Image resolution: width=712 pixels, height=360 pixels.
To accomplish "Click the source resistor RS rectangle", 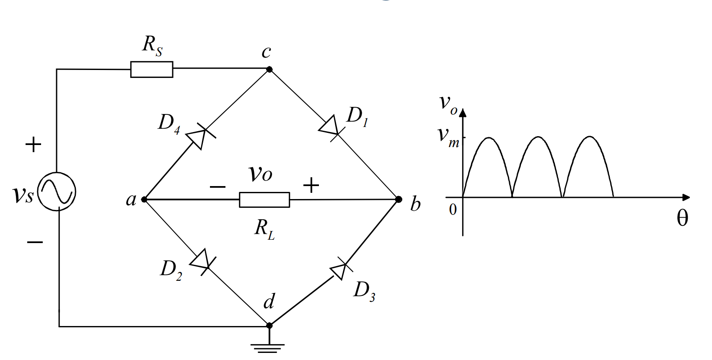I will pyautogui.click(x=151, y=70).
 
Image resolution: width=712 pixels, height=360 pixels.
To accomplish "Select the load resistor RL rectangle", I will pyautogui.click(x=264, y=200).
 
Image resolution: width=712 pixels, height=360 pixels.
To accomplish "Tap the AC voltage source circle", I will pyautogui.click(x=57, y=192).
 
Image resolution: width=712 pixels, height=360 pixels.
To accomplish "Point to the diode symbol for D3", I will pyautogui.click(x=340, y=270).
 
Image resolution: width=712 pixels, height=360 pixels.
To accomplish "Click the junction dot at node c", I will pyautogui.click(x=269, y=69).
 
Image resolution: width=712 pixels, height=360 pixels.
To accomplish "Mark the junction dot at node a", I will pyautogui.click(x=144, y=199).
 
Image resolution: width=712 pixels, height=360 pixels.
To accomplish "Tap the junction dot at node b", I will pyautogui.click(x=399, y=199).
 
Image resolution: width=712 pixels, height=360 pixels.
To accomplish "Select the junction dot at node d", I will pyautogui.click(x=269, y=325).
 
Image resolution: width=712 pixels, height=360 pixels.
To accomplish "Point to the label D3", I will pyautogui.click(x=364, y=291).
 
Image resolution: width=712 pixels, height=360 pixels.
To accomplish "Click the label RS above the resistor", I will pyautogui.click(x=152, y=45).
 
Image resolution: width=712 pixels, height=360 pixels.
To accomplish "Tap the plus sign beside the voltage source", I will pyautogui.click(x=34, y=145).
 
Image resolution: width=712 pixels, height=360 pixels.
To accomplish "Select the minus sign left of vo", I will pyautogui.click(x=217, y=186).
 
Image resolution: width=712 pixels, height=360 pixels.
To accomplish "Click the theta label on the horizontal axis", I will pyautogui.click(x=682, y=218).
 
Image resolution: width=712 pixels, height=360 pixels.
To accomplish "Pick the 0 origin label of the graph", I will pyautogui.click(x=453, y=209).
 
